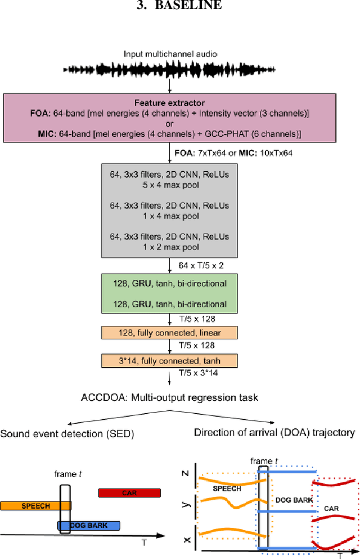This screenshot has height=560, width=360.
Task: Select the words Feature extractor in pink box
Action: click(170, 102)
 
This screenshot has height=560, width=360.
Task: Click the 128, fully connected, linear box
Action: click(170, 333)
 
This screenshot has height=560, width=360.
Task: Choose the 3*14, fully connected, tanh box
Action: click(170, 360)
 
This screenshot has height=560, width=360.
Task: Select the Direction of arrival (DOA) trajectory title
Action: click(274, 433)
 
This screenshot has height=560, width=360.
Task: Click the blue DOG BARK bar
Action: click(89, 525)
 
